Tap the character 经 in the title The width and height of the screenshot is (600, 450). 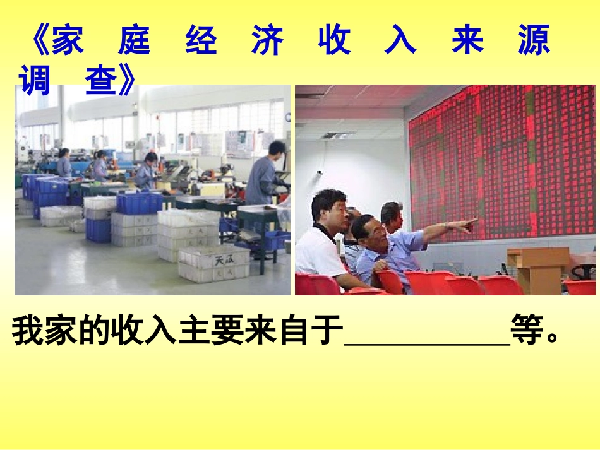click(x=201, y=40)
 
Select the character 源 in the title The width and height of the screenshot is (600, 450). click(x=534, y=40)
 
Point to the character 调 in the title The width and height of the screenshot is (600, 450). click(x=34, y=81)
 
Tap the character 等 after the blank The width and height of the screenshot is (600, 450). click(x=527, y=331)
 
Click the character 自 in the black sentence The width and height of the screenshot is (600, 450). click(x=295, y=331)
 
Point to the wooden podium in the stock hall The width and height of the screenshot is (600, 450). click(x=537, y=269)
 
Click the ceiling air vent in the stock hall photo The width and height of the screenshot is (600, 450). click(x=339, y=135)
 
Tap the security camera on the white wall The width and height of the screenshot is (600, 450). click(x=320, y=171)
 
